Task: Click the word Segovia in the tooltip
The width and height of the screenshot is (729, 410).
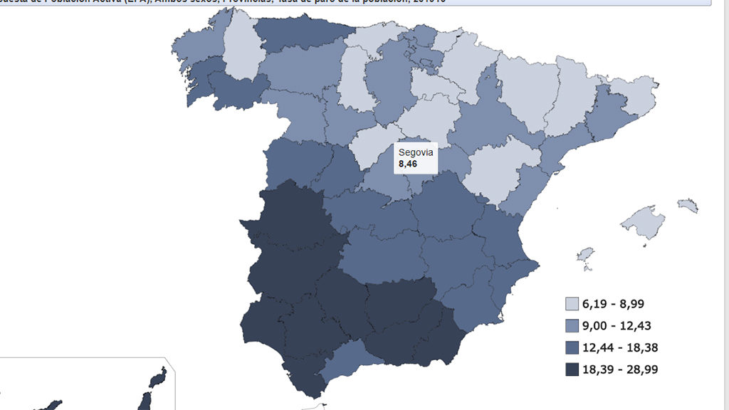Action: point(416,152)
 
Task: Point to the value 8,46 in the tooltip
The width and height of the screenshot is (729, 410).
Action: point(408,164)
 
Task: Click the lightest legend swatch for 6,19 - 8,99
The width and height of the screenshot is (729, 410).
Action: point(572,304)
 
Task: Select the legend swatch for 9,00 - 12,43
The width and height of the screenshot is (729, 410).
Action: point(572,326)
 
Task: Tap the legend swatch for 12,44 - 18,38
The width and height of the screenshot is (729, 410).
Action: point(572,348)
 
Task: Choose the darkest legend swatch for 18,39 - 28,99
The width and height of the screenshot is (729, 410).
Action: point(572,369)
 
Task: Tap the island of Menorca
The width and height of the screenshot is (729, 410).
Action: point(688,206)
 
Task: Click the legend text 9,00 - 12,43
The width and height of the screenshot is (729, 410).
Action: point(617,326)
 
